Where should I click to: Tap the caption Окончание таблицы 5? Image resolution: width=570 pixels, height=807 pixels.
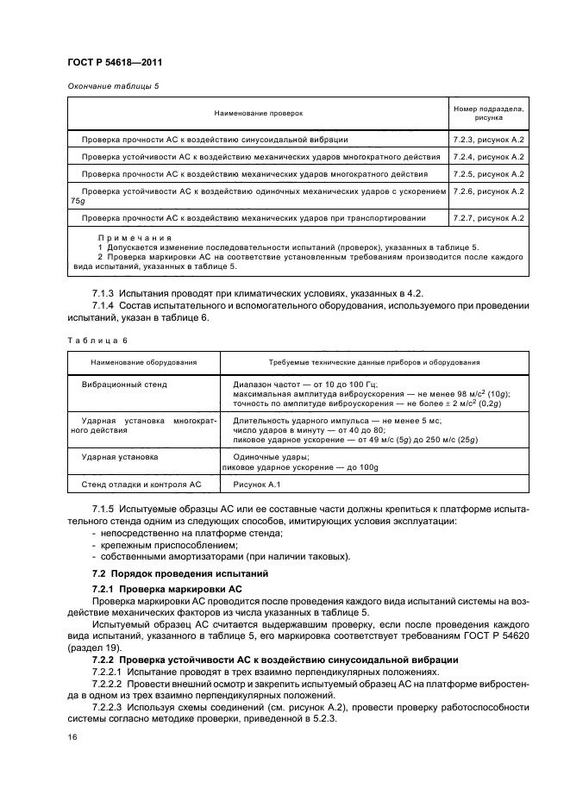112,87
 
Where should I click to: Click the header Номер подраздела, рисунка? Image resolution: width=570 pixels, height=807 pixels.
489,113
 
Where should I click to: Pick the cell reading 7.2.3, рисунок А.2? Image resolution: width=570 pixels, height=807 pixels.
489,139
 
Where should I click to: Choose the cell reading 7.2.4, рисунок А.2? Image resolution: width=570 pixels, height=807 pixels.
489,157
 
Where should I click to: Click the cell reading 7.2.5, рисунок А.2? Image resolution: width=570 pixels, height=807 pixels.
489,174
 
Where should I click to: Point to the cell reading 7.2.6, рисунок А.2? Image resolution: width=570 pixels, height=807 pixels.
489,191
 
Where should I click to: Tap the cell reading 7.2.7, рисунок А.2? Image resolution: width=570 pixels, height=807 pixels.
489,218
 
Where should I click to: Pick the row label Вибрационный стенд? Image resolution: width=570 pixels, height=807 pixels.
124,385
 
